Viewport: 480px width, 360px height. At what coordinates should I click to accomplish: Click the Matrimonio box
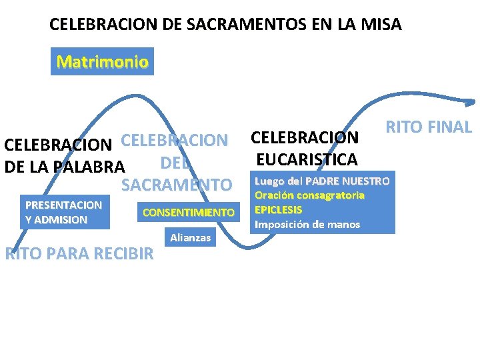(102, 62)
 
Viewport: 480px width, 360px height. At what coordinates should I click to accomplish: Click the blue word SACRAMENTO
(176, 185)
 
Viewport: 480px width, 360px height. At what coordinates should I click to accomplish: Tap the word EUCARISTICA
(306, 159)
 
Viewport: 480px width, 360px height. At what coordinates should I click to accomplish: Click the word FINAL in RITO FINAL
(449, 127)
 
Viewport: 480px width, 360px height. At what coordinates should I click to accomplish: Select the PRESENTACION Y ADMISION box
(63, 213)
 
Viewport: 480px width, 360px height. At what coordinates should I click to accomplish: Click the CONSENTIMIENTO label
(189, 213)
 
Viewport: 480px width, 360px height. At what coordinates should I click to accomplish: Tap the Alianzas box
(191, 237)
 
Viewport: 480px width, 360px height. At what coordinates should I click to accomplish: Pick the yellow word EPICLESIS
(278, 209)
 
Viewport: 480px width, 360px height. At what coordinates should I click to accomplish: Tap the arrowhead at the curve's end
(471, 102)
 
